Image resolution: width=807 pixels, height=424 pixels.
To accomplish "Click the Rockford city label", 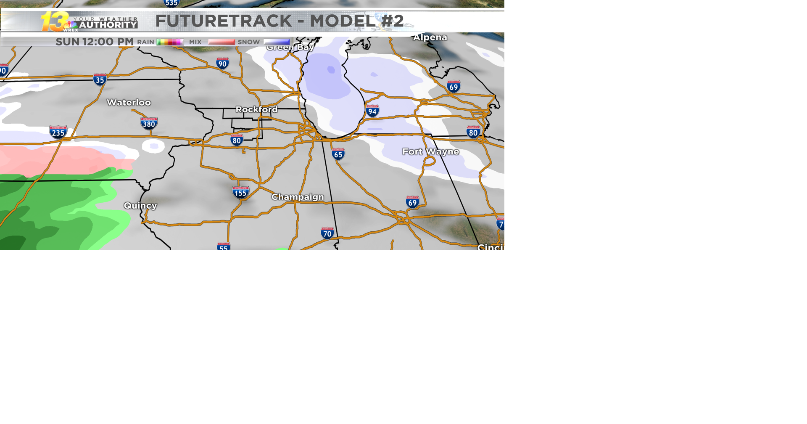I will click(256, 109).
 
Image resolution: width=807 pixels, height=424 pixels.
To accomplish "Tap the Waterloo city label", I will click(129, 103).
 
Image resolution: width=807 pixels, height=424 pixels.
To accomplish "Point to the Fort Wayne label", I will click(430, 151).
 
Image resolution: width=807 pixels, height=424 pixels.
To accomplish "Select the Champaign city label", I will click(298, 197).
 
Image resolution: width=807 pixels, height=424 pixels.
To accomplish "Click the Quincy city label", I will click(140, 206).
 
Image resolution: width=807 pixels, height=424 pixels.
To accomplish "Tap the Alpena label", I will click(430, 37).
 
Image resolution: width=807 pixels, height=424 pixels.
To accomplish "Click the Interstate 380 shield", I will click(149, 123).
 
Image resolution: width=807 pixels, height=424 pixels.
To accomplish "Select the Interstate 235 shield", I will click(58, 132).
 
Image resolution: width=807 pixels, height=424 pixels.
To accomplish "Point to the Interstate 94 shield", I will click(372, 111).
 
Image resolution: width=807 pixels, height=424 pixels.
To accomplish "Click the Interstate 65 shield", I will click(338, 154).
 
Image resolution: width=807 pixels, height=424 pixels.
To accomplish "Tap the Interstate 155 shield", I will click(240, 193).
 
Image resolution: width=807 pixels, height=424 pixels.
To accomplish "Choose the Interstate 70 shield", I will click(327, 233).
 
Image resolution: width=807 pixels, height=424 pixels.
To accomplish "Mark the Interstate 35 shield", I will click(100, 79).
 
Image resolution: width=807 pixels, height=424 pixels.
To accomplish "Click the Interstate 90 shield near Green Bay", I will click(222, 64).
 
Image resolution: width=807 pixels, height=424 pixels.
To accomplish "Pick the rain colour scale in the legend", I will click(170, 42).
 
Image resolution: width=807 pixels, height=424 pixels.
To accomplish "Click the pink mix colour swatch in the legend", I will click(222, 42).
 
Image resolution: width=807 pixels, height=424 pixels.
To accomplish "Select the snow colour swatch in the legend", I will click(277, 42).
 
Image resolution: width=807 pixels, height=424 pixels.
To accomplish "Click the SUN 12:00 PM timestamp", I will click(95, 42).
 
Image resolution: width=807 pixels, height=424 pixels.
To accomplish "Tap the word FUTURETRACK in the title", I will click(223, 21).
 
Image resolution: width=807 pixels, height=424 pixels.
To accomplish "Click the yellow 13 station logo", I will click(55, 21).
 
